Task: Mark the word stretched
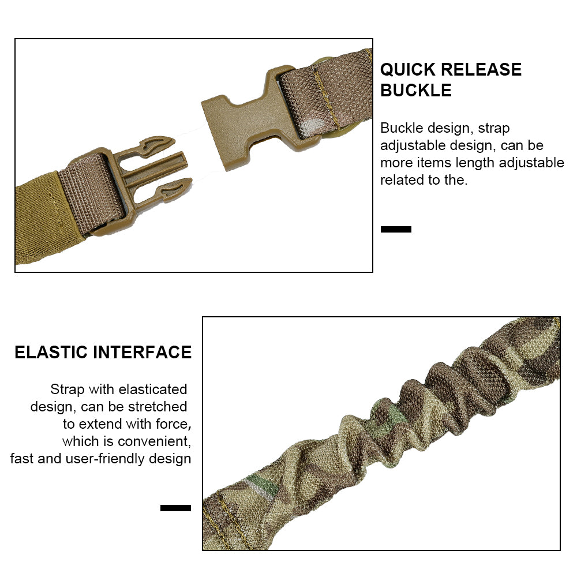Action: pos(160,407)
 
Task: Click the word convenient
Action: pos(154,441)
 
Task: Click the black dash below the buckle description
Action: pos(396,229)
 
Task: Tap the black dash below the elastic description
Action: pos(175,508)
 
